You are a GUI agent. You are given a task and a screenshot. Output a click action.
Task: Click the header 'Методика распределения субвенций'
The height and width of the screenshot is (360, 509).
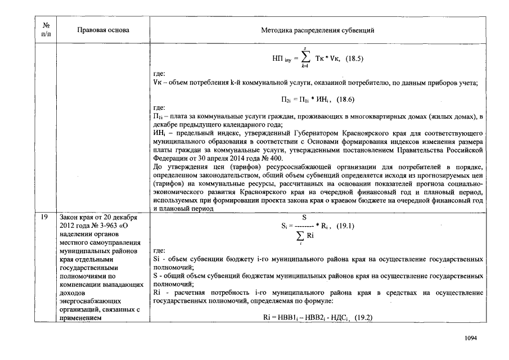coord(317,30)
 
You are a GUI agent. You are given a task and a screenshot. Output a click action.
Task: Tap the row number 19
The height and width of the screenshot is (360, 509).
coord(46,217)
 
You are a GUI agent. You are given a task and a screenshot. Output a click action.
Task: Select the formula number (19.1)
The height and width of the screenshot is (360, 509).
coord(346,226)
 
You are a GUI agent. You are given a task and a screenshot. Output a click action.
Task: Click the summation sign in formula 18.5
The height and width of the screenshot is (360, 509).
coord(305,58)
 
